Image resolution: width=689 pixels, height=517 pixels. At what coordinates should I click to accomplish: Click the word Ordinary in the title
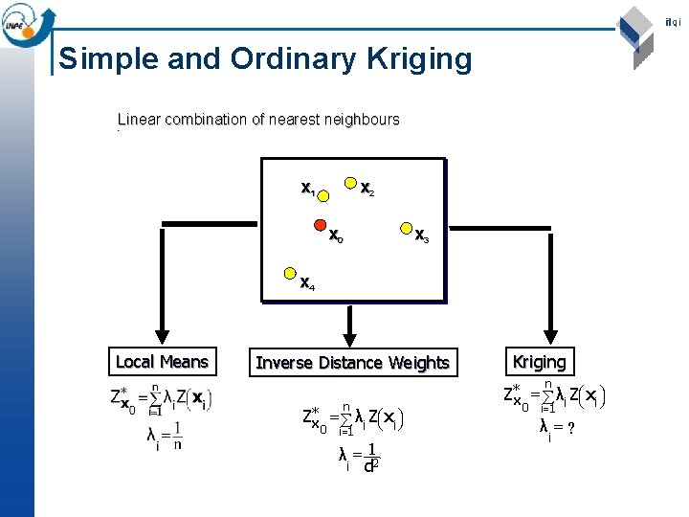[x=288, y=59]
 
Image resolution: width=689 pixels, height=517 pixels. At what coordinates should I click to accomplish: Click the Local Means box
[x=162, y=362]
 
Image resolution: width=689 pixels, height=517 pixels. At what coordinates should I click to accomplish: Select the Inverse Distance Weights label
[x=352, y=363]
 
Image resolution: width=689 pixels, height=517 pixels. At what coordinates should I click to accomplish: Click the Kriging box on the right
[x=540, y=362]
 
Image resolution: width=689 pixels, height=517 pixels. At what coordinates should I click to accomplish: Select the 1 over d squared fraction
[x=370, y=458]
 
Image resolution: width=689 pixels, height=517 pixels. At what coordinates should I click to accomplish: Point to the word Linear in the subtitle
[x=139, y=120]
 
